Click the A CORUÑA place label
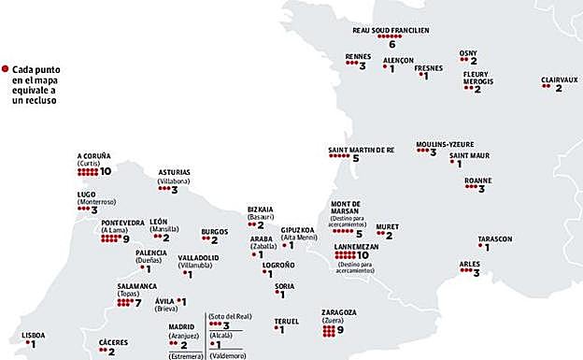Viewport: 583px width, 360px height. pos(93,155)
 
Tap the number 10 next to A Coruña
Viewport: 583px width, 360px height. pos(106,171)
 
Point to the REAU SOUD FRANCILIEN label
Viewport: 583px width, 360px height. pos(391,30)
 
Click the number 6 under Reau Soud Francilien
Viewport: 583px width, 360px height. pos(391,44)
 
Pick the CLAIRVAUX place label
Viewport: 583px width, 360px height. pos(559,79)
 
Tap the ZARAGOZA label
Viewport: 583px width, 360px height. pos(338,312)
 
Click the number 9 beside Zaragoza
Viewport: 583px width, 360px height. pos(341,329)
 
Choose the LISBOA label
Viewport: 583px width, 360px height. pos(33,335)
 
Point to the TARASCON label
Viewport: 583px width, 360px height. pos(494,238)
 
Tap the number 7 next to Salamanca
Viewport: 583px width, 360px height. pos(137,303)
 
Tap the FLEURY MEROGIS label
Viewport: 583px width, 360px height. pos(476,78)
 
